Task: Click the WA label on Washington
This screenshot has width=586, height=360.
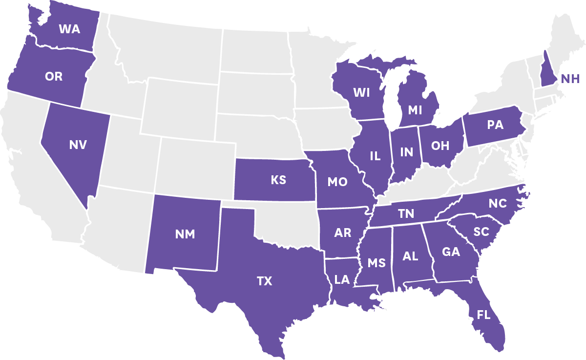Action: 69,29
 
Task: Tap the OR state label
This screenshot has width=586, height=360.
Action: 54,77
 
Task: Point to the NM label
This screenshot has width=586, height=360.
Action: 185,234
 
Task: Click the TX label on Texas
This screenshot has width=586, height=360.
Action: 265,281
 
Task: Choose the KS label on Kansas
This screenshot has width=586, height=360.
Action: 278,180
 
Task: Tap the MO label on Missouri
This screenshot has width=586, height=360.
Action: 337,182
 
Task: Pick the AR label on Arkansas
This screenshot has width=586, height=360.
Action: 343,233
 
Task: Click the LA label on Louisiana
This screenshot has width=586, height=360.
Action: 342,280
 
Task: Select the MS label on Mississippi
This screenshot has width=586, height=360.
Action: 377,263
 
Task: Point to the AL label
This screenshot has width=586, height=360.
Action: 410,256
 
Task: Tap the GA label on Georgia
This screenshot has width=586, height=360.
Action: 451,252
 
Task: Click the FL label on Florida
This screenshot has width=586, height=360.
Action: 483,315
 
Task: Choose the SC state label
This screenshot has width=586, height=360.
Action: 481,232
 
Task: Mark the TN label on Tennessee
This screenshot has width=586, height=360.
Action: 406,213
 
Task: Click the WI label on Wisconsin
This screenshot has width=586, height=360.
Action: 361,92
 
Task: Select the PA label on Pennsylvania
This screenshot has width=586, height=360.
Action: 495,125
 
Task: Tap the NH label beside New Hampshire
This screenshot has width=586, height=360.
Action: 570,79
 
